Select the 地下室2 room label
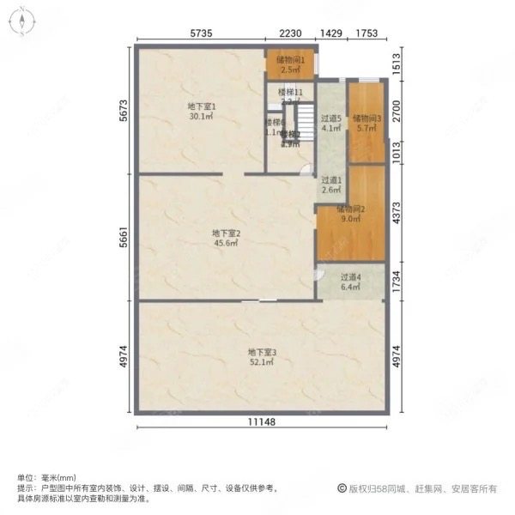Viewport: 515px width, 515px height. coord(226,233)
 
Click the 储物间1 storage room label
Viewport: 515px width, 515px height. coord(289,60)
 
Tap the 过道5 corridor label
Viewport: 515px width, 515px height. coord(331,118)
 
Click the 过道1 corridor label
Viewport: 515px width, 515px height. coord(331,180)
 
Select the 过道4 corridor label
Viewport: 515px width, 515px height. coord(350,277)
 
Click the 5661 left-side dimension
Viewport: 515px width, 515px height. coord(124,236)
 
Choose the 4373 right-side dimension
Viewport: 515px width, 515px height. coord(397,212)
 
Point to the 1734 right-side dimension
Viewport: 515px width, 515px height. coord(397,281)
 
